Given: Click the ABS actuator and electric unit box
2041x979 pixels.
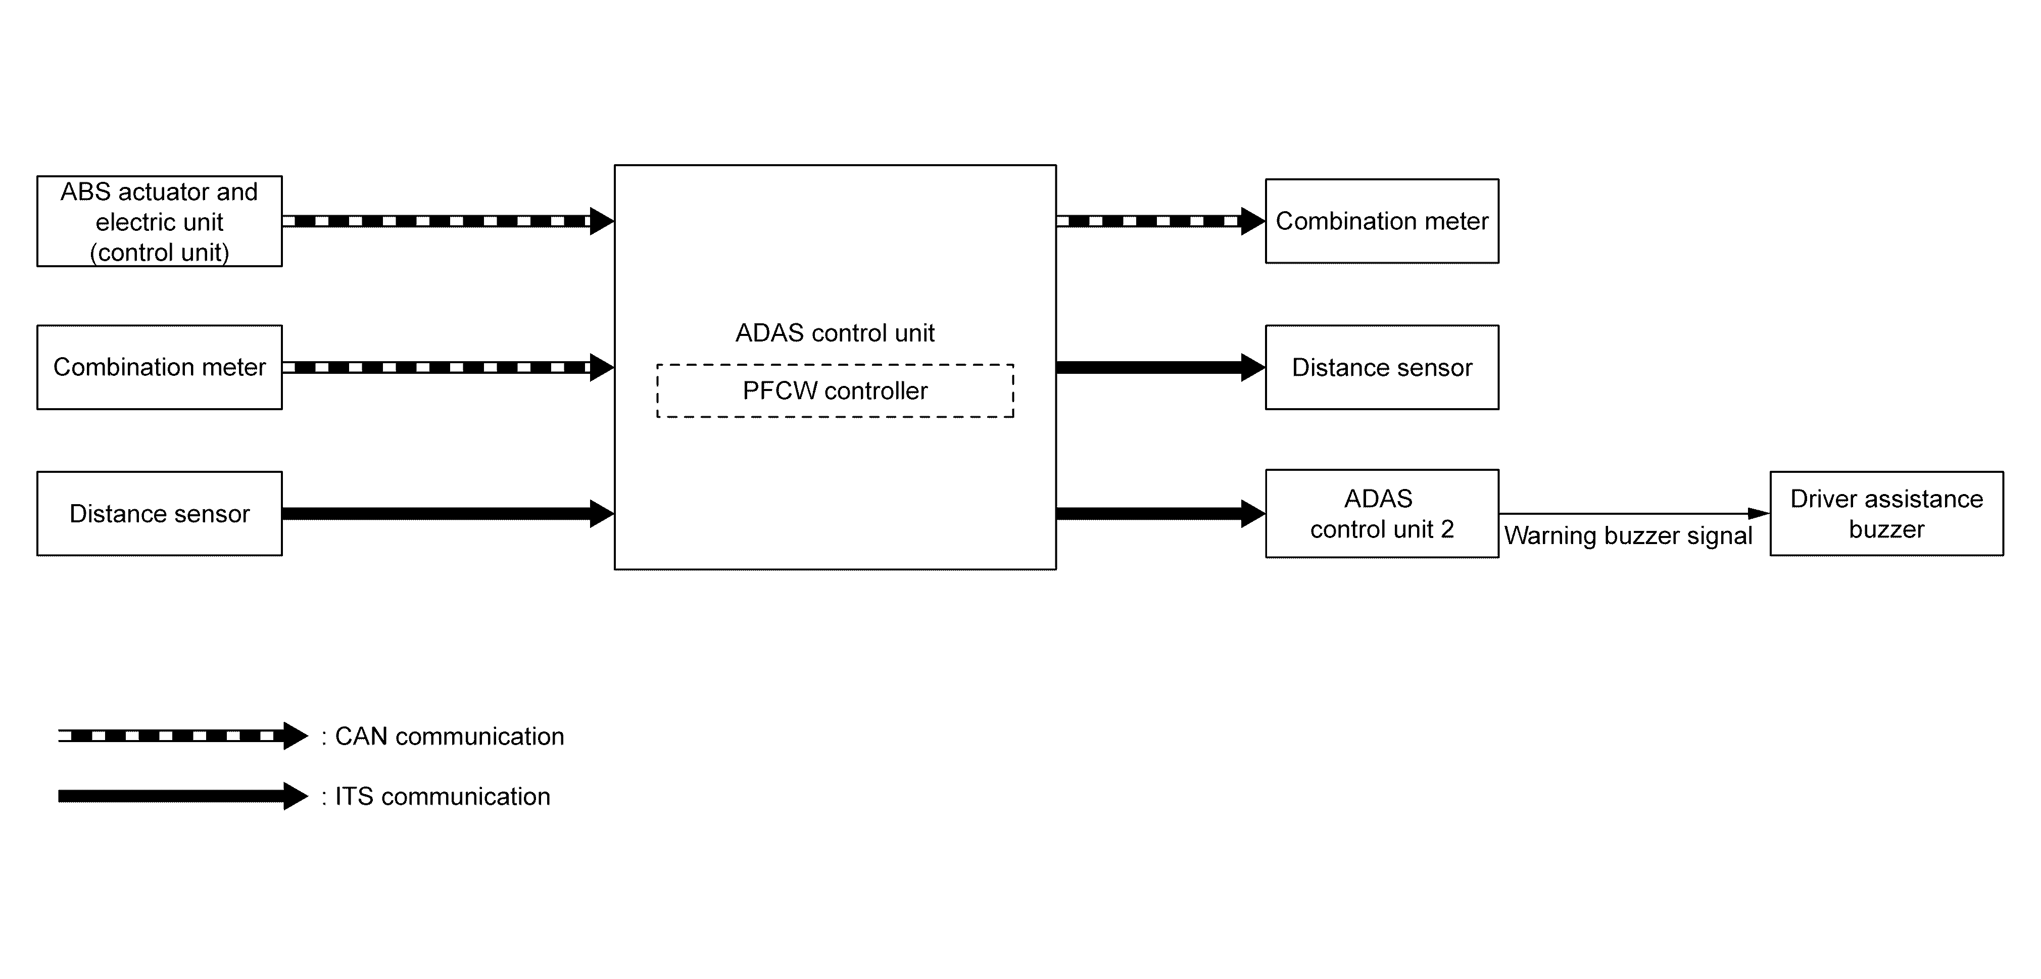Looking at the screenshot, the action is point(159,221).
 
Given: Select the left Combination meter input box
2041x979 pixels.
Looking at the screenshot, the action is point(159,367).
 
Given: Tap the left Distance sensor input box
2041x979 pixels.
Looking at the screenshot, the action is point(159,513).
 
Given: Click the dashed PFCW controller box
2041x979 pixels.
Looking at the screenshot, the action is point(835,390).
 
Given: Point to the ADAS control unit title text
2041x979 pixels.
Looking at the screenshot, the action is point(835,333).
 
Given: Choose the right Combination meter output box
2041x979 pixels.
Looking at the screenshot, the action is point(1382,221).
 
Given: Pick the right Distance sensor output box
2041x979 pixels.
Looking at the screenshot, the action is point(1382,367).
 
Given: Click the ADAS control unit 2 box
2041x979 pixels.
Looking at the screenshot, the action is point(1382,513).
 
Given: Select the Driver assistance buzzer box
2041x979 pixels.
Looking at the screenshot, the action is point(1886,513).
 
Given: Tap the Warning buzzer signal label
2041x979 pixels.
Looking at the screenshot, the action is point(1628,535).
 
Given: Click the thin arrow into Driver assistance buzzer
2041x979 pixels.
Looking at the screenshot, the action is point(1634,513).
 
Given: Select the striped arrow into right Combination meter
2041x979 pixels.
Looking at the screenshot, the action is point(1161,221).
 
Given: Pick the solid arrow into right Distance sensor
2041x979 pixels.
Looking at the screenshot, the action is point(1161,367).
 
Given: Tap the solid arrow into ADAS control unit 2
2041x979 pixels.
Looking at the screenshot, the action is point(1161,513).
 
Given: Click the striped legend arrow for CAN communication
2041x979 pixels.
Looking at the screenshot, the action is point(183,736).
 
